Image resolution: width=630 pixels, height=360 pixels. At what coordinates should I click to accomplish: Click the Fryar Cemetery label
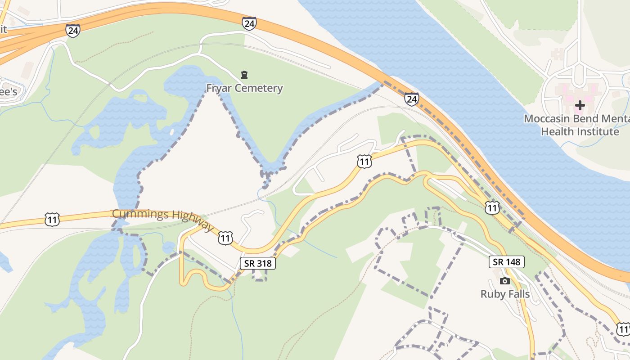(x=244, y=88)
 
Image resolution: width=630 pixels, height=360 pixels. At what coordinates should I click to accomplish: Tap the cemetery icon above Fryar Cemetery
(x=244, y=75)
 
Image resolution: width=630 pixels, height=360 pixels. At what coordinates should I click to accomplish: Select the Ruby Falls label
(x=505, y=294)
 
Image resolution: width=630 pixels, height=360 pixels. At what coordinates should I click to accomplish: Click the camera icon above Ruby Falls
(x=505, y=281)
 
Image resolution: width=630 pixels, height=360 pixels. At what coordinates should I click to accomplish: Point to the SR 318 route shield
(x=257, y=263)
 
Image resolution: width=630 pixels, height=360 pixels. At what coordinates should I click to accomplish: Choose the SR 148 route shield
(x=506, y=261)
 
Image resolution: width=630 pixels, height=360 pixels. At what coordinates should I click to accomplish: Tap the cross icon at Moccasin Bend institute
(x=580, y=105)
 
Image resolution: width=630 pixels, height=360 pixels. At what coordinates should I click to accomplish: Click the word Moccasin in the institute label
(x=548, y=119)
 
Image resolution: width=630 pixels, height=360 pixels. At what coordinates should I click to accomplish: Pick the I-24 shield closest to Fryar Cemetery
(x=249, y=23)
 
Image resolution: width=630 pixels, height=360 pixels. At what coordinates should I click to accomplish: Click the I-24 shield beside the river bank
(x=411, y=99)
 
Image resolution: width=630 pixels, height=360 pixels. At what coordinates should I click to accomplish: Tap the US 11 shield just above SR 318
(x=225, y=238)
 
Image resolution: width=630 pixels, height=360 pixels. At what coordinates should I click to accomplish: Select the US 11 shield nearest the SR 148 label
(x=493, y=207)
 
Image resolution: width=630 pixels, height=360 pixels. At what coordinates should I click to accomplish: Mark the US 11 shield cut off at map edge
(x=624, y=329)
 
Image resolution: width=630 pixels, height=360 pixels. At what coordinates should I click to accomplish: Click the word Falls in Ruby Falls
(x=518, y=294)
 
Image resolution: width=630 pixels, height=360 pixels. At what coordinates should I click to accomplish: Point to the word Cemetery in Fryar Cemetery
(x=261, y=88)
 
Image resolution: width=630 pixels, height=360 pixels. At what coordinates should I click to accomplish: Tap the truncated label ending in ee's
(x=8, y=91)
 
